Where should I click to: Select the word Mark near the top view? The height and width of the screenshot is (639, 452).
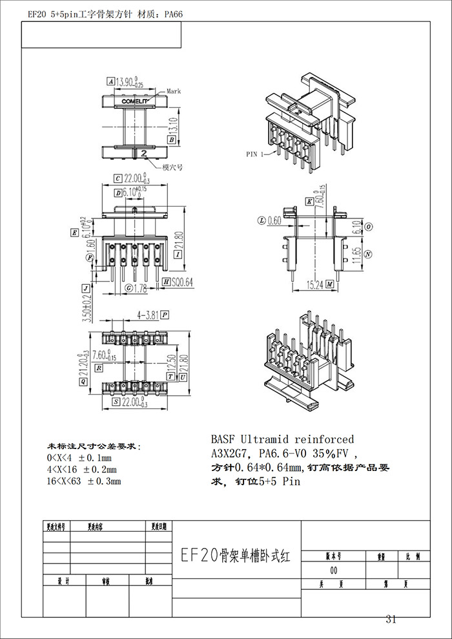coord(174,92)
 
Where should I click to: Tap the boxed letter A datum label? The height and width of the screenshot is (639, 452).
coord(111,82)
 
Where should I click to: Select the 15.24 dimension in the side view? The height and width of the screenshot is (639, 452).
coord(316,284)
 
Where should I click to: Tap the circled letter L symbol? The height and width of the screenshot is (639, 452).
coord(262,220)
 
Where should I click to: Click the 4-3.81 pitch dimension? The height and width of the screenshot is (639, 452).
coord(147,315)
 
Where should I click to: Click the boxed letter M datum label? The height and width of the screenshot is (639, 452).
coord(329,284)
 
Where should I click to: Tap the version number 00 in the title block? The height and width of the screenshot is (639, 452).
coord(334,571)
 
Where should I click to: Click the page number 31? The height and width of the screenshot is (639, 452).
coord(391,620)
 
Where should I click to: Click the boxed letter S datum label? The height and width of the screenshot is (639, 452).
coord(115,401)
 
